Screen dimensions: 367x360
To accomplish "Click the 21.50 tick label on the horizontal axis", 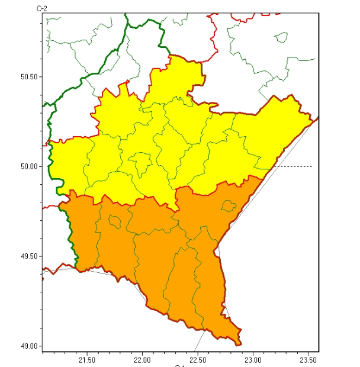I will [87, 359].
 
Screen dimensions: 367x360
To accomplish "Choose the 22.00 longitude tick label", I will [143, 359].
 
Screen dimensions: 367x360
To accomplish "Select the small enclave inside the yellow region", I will [141, 163].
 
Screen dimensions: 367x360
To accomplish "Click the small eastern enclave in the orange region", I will [228, 206].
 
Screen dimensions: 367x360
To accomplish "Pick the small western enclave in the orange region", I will [117, 222].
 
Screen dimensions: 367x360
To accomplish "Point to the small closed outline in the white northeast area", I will [282, 37].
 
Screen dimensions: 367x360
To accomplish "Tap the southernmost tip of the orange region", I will [238, 344].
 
